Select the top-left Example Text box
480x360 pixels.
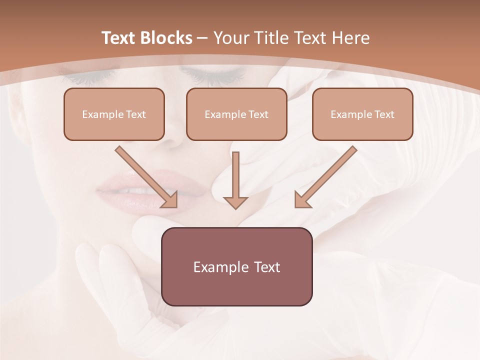pyautogui.click(x=114, y=114)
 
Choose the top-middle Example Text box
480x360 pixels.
pyautogui.click(x=236, y=114)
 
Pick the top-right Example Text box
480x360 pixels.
pyautogui.click(x=362, y=114)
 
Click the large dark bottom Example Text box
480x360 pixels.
pyautogui.click(x=236, y=267)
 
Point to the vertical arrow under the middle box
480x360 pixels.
pyautogui.click(x=236, y=175)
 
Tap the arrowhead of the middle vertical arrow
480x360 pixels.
pyautogui.click(x=235, y=202)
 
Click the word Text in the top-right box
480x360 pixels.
pyautogui.click(x=384, y=114)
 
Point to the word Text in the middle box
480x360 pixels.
pyautogui.click(x=258, y=114)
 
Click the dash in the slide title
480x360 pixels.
pyautogui.click(x=202, y=38)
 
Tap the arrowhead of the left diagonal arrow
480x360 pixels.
pyautogui.click(x=170, y=200)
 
